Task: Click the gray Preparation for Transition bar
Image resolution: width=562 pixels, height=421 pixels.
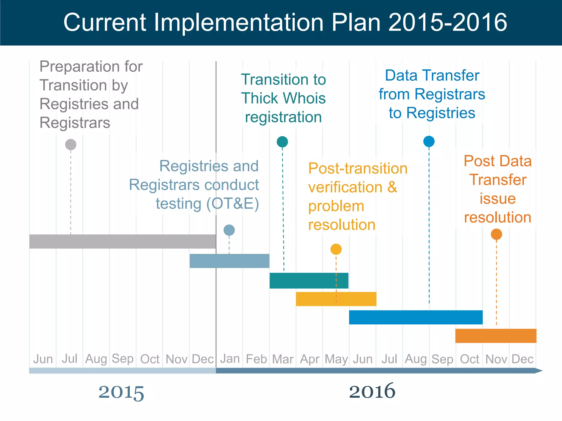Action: pyautogui.click(x=122, y=242)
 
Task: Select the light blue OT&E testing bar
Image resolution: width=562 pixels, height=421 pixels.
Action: pyautogui.click(x=229, y=261)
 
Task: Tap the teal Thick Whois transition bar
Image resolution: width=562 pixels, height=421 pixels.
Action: pyautogui.click(x=309, y=280)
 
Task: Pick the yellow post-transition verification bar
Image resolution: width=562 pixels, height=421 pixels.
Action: pyautogui.click(x=336, y=299)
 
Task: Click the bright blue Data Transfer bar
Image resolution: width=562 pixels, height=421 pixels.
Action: pyautogui.click(x=415, y=317)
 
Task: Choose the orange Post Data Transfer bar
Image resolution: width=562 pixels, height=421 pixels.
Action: pyautogui.click(x=496, y=336)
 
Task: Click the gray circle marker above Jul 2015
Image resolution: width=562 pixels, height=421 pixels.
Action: pyautogui.click(x=71, y=144)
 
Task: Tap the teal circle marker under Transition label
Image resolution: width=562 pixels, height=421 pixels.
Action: pyautogui.click(x=282, y=142)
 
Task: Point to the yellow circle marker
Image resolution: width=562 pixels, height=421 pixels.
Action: pyautogui.click(x=336, y=249)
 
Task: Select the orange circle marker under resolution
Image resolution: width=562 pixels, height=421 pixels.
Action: pyautogui.click(x=496, y=234)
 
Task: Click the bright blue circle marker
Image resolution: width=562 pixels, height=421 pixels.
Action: pyautogui.click(x=429, y=141)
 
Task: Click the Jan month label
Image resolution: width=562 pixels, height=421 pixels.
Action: pyautogui.click(x=230, y=359)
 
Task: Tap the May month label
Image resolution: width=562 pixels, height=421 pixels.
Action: pyautogui.click(x=336, y=359)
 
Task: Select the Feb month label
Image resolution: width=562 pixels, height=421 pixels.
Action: pyautogui.click(x=256, y=359)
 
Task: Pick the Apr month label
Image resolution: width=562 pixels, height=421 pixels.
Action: pyautogui.click(x=310, y=359)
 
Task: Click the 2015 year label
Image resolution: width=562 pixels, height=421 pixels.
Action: pyautogui.click(x=121, y=392)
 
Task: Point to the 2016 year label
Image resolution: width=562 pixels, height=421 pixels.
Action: pyautogui.click(x=372, y=391)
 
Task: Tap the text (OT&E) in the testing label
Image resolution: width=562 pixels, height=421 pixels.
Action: pyautogui.click(x=233, y=204)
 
